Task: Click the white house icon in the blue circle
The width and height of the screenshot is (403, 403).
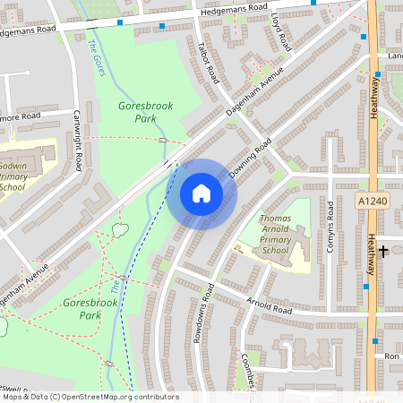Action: pyautogui.click(x=201, y=193)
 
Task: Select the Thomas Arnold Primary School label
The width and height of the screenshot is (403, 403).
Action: pyautogui.click(x=279, y=235)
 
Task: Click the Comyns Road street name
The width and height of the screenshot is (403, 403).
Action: pyautogui.click(x=330, y=226)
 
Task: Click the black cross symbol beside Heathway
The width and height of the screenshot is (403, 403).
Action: pyautogui.click(x=384, y=251)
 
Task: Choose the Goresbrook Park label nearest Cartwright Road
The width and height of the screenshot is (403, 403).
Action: pyautogui.click(x=145, y=111)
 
